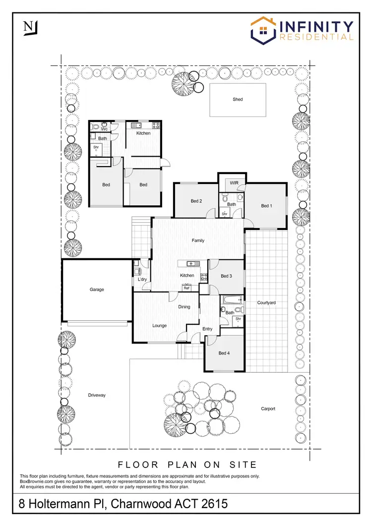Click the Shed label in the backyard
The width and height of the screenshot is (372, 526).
coord(238,99)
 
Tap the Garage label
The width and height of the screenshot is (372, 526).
coord(97,290)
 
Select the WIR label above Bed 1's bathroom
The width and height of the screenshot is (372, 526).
coord(235,183)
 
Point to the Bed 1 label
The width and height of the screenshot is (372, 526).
coord(266,206)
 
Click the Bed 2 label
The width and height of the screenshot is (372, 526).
coord(196,201)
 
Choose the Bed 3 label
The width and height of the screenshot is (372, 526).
coord(226,276)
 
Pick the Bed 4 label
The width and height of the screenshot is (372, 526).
coord(224,353)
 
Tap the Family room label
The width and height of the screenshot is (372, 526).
coord(198,240)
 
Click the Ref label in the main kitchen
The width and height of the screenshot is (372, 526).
coord(187,288)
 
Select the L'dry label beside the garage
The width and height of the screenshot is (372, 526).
coord(142,280)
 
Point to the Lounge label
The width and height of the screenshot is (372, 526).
coord(159,326)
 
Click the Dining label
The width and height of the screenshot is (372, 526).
coord(184,307)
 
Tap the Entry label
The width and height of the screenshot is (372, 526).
coord(207,329)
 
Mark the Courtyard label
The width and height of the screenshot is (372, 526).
coord(266,302)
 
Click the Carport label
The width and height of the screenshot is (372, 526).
coord(268,409)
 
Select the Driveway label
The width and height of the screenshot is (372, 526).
coord(97,395)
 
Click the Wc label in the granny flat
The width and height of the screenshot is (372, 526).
coord(104,129)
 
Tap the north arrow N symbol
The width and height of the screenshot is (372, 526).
coord(29,28)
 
